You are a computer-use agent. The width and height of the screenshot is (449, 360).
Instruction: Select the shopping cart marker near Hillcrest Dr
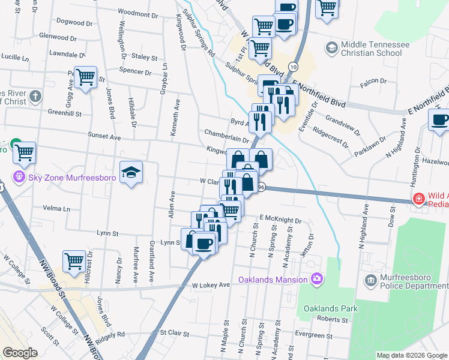coord(74,261)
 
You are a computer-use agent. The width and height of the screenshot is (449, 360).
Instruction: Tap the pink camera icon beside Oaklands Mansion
coord(316,278)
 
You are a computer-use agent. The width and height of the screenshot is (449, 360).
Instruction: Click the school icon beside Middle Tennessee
coord(331,47)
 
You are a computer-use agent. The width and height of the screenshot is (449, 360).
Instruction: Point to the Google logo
coord(20,353)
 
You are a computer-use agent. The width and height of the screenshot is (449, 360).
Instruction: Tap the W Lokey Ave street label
coord(211,284)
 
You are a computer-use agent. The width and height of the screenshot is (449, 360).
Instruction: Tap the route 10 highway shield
coord(292,65)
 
